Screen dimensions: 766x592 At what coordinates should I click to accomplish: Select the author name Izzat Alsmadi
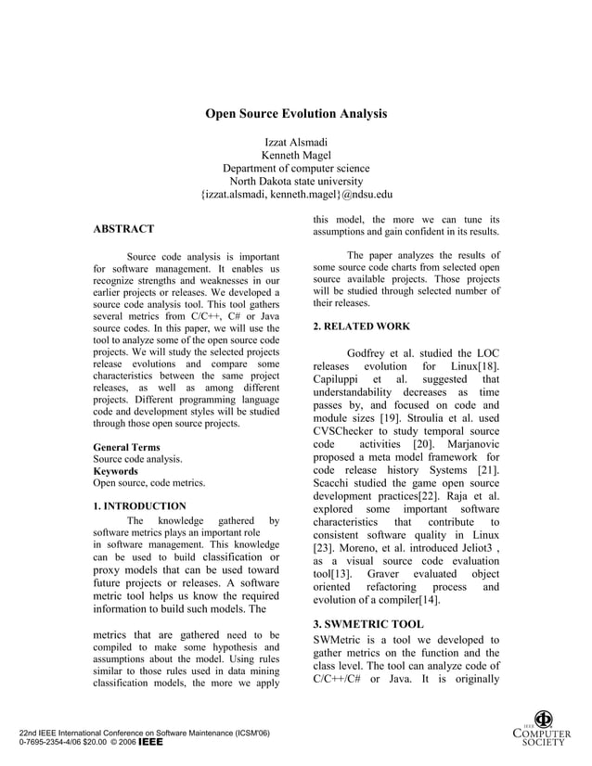coord(296,142)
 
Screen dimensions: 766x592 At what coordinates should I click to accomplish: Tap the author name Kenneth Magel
coord(296,155)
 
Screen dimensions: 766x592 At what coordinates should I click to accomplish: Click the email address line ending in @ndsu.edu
coord(296,195)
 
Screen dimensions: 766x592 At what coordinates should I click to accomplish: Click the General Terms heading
coord(126,447)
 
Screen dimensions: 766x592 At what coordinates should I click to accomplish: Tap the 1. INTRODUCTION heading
coord(139,506)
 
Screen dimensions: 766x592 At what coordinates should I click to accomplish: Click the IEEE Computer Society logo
coord(544,728)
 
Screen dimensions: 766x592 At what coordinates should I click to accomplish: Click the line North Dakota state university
coord(296,182)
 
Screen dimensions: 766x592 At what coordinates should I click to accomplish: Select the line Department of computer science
coord(296,168)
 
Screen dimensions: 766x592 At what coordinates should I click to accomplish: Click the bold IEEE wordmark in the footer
coord(150,744)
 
